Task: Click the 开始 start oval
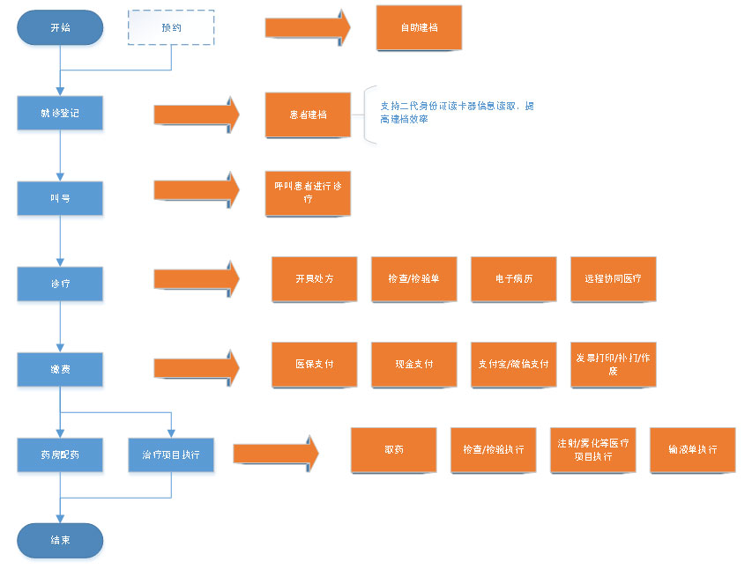(x=60, y=27)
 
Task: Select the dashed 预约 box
(x=171, y=27)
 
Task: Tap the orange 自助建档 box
(x=419, y=27)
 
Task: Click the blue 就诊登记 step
(x=60, y=114)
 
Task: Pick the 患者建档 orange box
(x=308, y=115)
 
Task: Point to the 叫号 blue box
(x=60, y=198)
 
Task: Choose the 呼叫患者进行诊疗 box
(x=308, y=193)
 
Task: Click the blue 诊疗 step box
(x=60, y=284)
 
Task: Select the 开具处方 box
(x=314, y=278)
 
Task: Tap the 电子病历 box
(x=514, y=278)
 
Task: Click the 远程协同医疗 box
(x=614, y=278)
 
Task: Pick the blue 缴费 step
(x=60, y=369)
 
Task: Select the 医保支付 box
(x=314, y=364)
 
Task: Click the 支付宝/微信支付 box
(x=514, y=364)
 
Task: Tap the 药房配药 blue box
(x=60, y=454)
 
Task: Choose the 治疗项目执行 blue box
(x=171, y=454)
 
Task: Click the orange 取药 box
(x=394, y=449)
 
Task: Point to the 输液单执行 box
(x=693, y=449)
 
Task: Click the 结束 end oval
(x=60, y=540)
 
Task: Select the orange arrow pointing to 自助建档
(x=307, y=27)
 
